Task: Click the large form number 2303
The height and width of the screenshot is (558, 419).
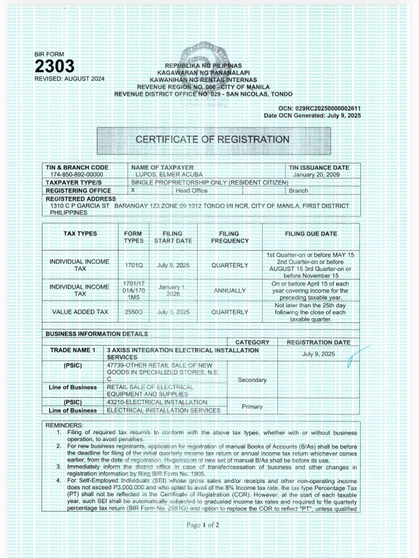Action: [x=55, y=67]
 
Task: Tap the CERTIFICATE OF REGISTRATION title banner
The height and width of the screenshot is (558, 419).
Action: [x=212, y=139]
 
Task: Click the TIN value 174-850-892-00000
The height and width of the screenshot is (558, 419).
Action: [x=77, y=175]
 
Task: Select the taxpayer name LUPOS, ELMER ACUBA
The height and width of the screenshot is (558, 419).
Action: [x=169, y=175]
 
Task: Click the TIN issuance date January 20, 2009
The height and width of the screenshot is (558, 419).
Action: [x=316, y=175]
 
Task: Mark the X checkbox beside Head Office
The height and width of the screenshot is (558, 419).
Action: [x=133, y=190]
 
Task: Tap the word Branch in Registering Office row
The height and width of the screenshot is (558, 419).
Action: [x=298, y=191]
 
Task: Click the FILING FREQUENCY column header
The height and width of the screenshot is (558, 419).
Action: [x=229, y=237]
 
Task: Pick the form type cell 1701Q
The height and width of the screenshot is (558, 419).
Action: [x=134, y=265]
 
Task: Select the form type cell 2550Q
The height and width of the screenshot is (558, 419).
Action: [x=134, y=312]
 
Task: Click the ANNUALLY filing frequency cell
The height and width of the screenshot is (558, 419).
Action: [x=229, y=291]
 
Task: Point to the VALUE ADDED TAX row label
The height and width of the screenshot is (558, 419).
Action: [x=80, y=312]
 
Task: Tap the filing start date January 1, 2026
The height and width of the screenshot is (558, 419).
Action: [x=173, y=290]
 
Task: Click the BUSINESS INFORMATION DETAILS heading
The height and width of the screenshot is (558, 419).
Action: [x=97, y=334]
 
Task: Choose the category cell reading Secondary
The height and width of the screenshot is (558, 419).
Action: [x=252, y=380]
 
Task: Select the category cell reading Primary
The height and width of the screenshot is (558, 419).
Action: [x=252, y=407]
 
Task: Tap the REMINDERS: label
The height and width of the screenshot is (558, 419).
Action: [x=64, y=425]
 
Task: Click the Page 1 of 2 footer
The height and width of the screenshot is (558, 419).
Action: [x=203, y=525]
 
